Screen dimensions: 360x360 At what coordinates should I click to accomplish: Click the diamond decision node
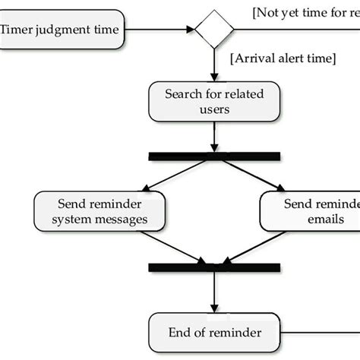pyautogui.click(x=213, y=30)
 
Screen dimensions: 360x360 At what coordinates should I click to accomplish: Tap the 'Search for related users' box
pyautogui.click(x=213, y=101)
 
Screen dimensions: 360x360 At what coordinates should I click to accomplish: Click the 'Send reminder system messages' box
pyautogui.click(x=101, y=211)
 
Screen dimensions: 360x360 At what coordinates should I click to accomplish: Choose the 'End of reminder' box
pyautogui.click(x=213, y=332)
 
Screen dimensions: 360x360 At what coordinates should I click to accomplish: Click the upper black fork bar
pyautogui.click(x=213, y=156)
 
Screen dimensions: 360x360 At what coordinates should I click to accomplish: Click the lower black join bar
pyautogui.click(x=213, y=267)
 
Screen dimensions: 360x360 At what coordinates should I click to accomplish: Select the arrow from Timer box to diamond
pyautogui.click(x=159, y=30)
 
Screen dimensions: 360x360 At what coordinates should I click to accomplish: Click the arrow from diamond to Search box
pyautogui.click(x=213, y=65)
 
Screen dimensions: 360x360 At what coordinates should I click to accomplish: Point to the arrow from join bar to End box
pyautogui.click(x=213, y=292)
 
